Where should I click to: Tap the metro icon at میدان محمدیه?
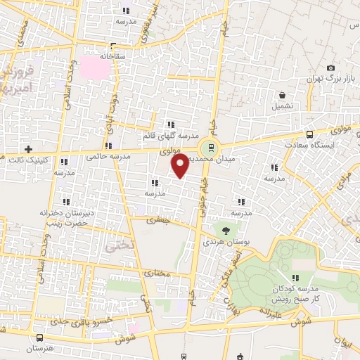click(208, 148)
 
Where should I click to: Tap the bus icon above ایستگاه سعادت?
click(309, 134)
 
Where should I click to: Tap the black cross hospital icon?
click(28, 150)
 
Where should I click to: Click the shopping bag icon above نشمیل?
click(282, 95)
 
